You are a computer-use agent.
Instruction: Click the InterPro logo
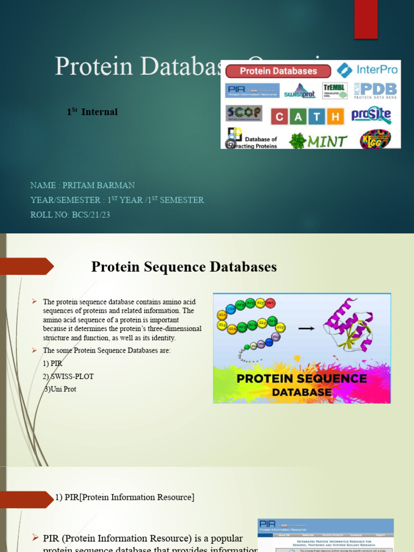coord(367,70)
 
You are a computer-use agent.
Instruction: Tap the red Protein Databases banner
coord(278,71)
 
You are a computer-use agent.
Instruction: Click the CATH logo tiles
coord(307,116)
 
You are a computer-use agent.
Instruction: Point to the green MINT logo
coord(318,141)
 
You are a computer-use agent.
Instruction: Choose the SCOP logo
coord(244,113)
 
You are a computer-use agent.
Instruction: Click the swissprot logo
coord(300,91)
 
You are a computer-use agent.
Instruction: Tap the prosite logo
coord(371,115)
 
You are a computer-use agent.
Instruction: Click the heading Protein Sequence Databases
coord(184,267)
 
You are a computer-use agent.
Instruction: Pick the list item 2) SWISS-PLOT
coord(72,376)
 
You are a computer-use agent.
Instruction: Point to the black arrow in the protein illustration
coord(307,327)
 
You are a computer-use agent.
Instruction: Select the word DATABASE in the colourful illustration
coord(302,392)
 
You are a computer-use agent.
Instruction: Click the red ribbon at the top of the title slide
coord(365,19)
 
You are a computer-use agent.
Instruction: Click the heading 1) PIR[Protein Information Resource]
coord(125,497)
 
